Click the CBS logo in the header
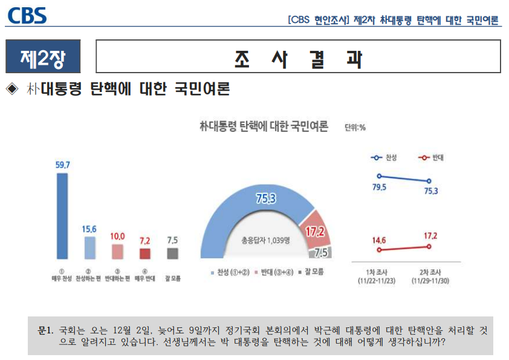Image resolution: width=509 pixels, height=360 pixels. [x=27, y=15]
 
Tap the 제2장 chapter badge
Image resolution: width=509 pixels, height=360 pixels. [x=42, y=58]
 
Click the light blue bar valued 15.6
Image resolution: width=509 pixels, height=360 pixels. [x=89, y=247]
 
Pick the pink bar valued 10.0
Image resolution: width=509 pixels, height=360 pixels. [x=117, y=252]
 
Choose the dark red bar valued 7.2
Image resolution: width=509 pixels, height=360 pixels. [x=144, y=254]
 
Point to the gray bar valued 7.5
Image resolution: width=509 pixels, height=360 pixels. [x=172, y=254]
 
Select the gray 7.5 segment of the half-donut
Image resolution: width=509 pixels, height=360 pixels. [x=320, y=254]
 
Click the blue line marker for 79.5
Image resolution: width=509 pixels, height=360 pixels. [x=378, y=176]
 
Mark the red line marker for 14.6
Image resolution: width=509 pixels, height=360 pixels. [x=378, y=249]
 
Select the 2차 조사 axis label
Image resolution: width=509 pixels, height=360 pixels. [x=428, y=273]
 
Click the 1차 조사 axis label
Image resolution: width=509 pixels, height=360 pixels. [x=378, y=273]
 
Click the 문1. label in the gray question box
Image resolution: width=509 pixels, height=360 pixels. [x=45, y=331]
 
